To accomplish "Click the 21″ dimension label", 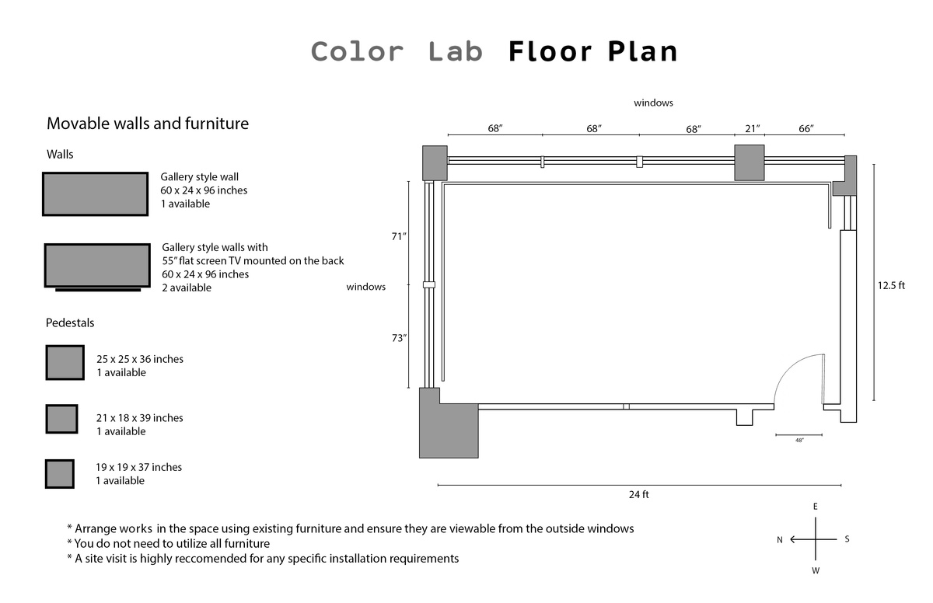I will point(752,128).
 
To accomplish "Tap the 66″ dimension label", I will point(806,128).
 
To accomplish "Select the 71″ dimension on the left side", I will point(399,236).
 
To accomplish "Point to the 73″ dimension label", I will point(399,338).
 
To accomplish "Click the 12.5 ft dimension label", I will point(891,285).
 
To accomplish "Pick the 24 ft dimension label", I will point(639,494).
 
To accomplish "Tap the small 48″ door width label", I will point(799,441).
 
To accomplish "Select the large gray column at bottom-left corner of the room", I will point(449,427).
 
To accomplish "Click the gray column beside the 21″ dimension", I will point(750,162).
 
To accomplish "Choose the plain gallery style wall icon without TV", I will point(95,194).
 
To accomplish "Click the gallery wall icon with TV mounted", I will point(97,266).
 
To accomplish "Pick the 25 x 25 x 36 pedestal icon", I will point(65,362).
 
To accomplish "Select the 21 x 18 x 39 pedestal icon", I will point(61,420).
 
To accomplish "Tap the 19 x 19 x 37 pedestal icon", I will point(59,474).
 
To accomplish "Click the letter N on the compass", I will point(779,540).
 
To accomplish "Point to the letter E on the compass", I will point(815,507).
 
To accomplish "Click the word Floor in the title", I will point(550,52).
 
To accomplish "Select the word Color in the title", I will point(357,52).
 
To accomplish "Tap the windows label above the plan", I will point(653,103).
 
